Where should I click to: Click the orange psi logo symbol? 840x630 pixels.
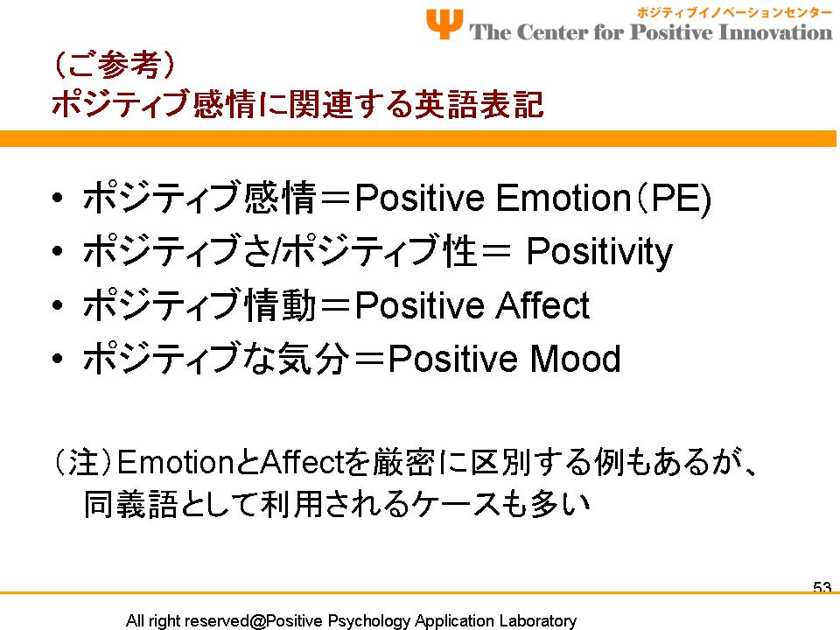(x=444, y=24)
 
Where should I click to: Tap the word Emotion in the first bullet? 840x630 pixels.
(x=563, y=198)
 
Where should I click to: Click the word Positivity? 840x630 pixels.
(x=599, y=252)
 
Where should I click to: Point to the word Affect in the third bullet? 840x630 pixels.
(x=542, y=305)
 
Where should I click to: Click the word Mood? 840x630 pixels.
(x=575, y=359)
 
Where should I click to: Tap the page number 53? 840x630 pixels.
(x=822, y=587)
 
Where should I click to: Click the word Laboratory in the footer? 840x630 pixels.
(x=537, y=621)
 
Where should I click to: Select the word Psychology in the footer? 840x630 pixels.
(x=368, y=621)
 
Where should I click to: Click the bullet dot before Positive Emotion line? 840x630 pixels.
(x=58, y=198)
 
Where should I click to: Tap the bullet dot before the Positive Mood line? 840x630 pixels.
(x=58, y=359)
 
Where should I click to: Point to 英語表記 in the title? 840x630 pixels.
(x=479, y=103)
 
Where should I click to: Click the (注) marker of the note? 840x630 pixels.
(x=83, y=462)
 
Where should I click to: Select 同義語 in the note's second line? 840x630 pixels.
(x=130, y=504)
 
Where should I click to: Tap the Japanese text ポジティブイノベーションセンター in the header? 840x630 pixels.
(x=734, y=13)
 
